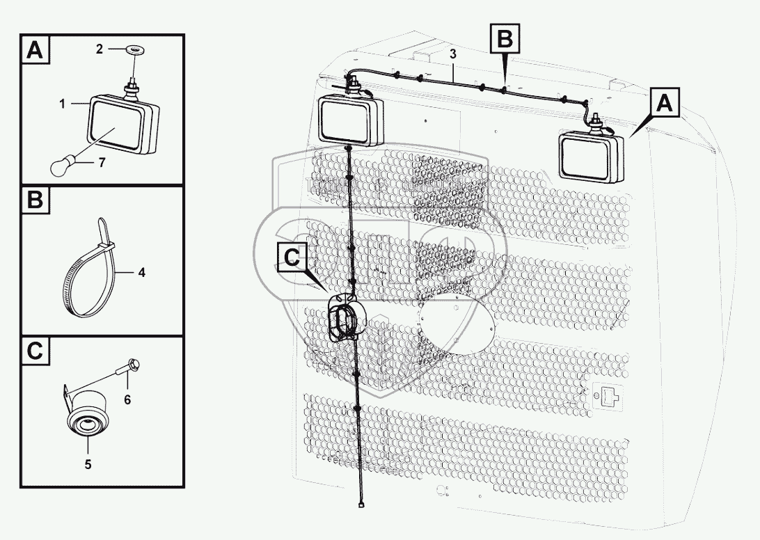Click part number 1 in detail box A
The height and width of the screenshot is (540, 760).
(63, 104)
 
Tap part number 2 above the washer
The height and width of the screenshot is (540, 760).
(100, 49)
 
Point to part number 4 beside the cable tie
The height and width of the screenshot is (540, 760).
(141, 272)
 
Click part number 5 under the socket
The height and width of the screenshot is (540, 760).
(88, 463)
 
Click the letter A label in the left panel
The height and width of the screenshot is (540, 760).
(35, 51)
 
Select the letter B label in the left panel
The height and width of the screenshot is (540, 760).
(35, 200)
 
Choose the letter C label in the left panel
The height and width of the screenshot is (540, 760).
(35, 351)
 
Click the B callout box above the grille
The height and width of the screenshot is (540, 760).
(505, 40)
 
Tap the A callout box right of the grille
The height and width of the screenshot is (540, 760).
(665, 104)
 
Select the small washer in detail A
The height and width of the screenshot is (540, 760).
(132, 49)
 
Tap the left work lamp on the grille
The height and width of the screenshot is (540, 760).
(351, 121)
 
